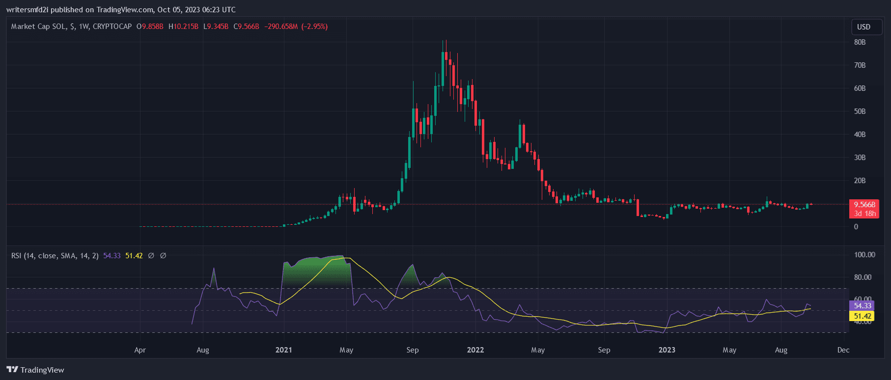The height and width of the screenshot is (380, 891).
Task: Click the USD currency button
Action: [863, 27]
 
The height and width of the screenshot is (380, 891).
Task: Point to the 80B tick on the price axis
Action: [860, 42]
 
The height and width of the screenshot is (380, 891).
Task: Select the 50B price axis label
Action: [860, 111]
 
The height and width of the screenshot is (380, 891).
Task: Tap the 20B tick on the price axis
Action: [860, 181]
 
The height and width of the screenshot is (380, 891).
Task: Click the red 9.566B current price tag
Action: [864, 205]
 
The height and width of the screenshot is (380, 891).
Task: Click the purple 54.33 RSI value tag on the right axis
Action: [862, 306]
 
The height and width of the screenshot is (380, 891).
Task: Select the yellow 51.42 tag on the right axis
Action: [862, 316]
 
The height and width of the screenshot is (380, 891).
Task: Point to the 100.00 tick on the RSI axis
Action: [864, 255]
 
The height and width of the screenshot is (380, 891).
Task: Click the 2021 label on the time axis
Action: [283, 350]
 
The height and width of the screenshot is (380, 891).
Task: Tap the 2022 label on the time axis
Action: [475, 350]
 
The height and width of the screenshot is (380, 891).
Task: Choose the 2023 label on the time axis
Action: [667, 350]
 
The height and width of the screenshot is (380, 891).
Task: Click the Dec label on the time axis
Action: [843, 350]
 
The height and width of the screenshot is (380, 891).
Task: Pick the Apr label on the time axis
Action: [140, 350]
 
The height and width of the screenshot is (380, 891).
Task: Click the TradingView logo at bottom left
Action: [35, 370]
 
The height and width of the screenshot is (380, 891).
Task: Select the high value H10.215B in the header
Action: [183, 27]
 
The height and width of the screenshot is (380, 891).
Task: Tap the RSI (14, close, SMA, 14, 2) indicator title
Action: [55, 256]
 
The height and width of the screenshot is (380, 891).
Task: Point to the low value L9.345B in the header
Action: [216, 27]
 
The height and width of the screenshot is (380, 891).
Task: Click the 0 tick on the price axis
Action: [856, 227]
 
